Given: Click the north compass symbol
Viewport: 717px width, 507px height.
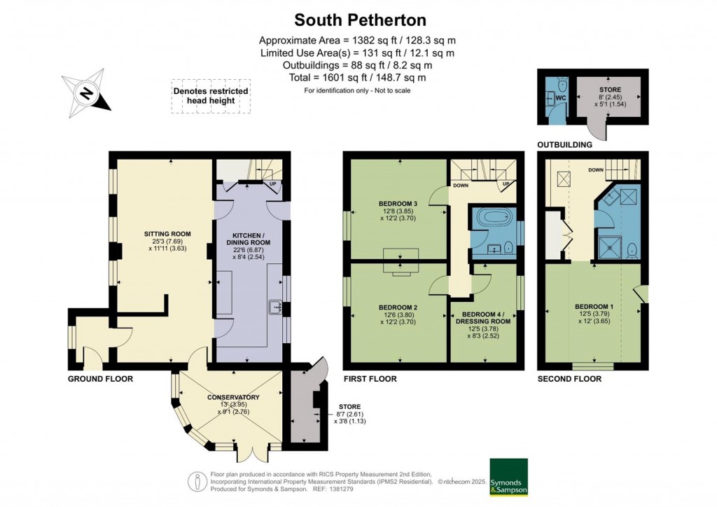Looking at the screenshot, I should click(87, 93).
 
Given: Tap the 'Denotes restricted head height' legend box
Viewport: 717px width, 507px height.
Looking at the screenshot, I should click(211, 96).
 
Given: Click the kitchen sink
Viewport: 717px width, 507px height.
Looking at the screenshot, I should click(275, 306).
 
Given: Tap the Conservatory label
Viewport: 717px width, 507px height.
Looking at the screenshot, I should click(232, 398).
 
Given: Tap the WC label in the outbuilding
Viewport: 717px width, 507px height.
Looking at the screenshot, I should click(559, 97).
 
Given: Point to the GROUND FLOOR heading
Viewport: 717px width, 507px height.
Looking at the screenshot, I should click(100, 379).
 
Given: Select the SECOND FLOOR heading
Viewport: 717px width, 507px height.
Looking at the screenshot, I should click(569, 379).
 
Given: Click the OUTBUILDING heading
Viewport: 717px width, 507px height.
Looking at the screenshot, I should click(564, 145).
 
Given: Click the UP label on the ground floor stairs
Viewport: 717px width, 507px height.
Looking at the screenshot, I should click(272, 185).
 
